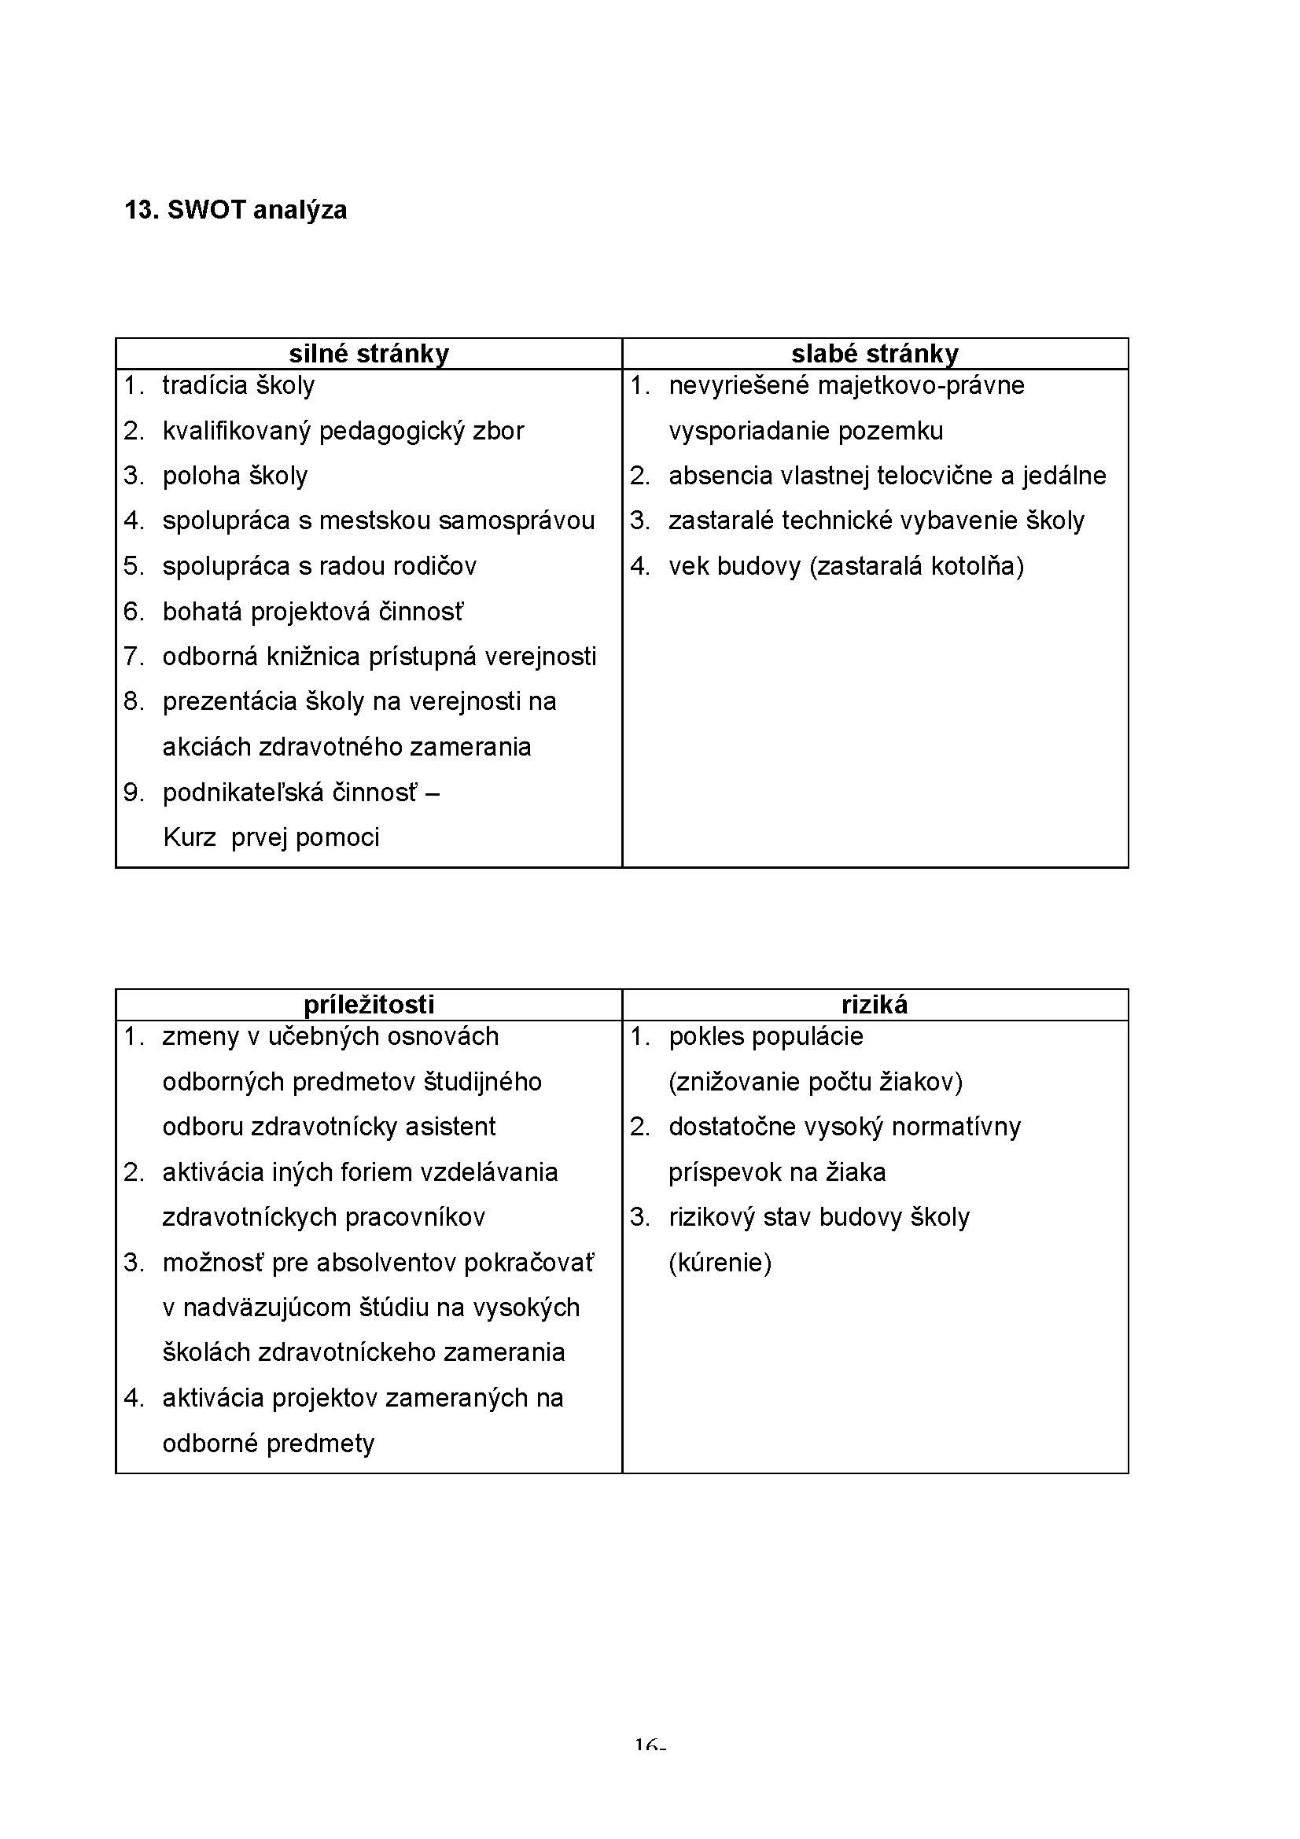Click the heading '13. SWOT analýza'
point(235,210)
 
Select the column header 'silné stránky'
point(369,353)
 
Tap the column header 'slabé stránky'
point(875,353)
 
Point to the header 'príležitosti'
point(369,1004)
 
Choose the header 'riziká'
point(875,1004)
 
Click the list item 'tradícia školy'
point(239,385)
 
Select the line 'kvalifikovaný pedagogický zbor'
point(343,431)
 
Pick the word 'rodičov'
point(437,566)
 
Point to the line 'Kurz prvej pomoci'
point(271,838)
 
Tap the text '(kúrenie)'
point(720,1263)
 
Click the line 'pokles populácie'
point(766,1036)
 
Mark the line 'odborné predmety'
point(268,1444)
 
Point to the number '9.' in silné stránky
point(134,793)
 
